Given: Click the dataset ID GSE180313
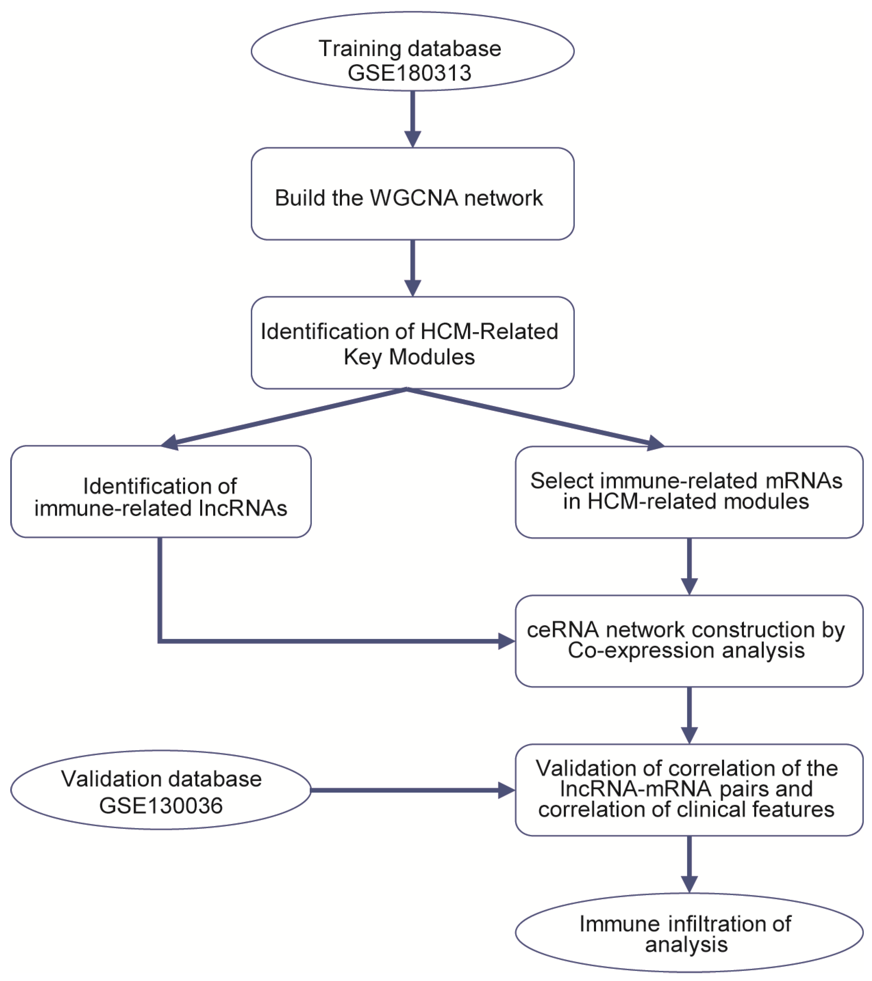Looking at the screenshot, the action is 410,73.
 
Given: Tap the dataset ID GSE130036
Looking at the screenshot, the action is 161,805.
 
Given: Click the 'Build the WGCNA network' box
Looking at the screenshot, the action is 413,194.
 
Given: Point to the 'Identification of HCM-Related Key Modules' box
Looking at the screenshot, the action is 413,343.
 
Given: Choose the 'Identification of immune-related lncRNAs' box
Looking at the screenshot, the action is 161,491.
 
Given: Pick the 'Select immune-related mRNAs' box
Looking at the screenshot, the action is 689,492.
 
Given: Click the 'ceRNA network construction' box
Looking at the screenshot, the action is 689,641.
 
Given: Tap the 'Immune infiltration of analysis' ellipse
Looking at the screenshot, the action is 689,932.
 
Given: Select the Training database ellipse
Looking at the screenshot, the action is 413,51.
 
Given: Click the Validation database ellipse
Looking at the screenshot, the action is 161,790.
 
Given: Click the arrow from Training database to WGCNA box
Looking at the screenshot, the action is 413,119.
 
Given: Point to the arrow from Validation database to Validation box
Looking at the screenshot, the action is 413,790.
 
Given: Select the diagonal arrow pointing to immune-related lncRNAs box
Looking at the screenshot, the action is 283,419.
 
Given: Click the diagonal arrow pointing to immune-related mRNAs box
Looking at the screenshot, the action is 536,419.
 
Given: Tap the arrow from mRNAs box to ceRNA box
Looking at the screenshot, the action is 689,567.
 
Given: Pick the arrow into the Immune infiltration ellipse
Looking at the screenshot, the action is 689,864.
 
